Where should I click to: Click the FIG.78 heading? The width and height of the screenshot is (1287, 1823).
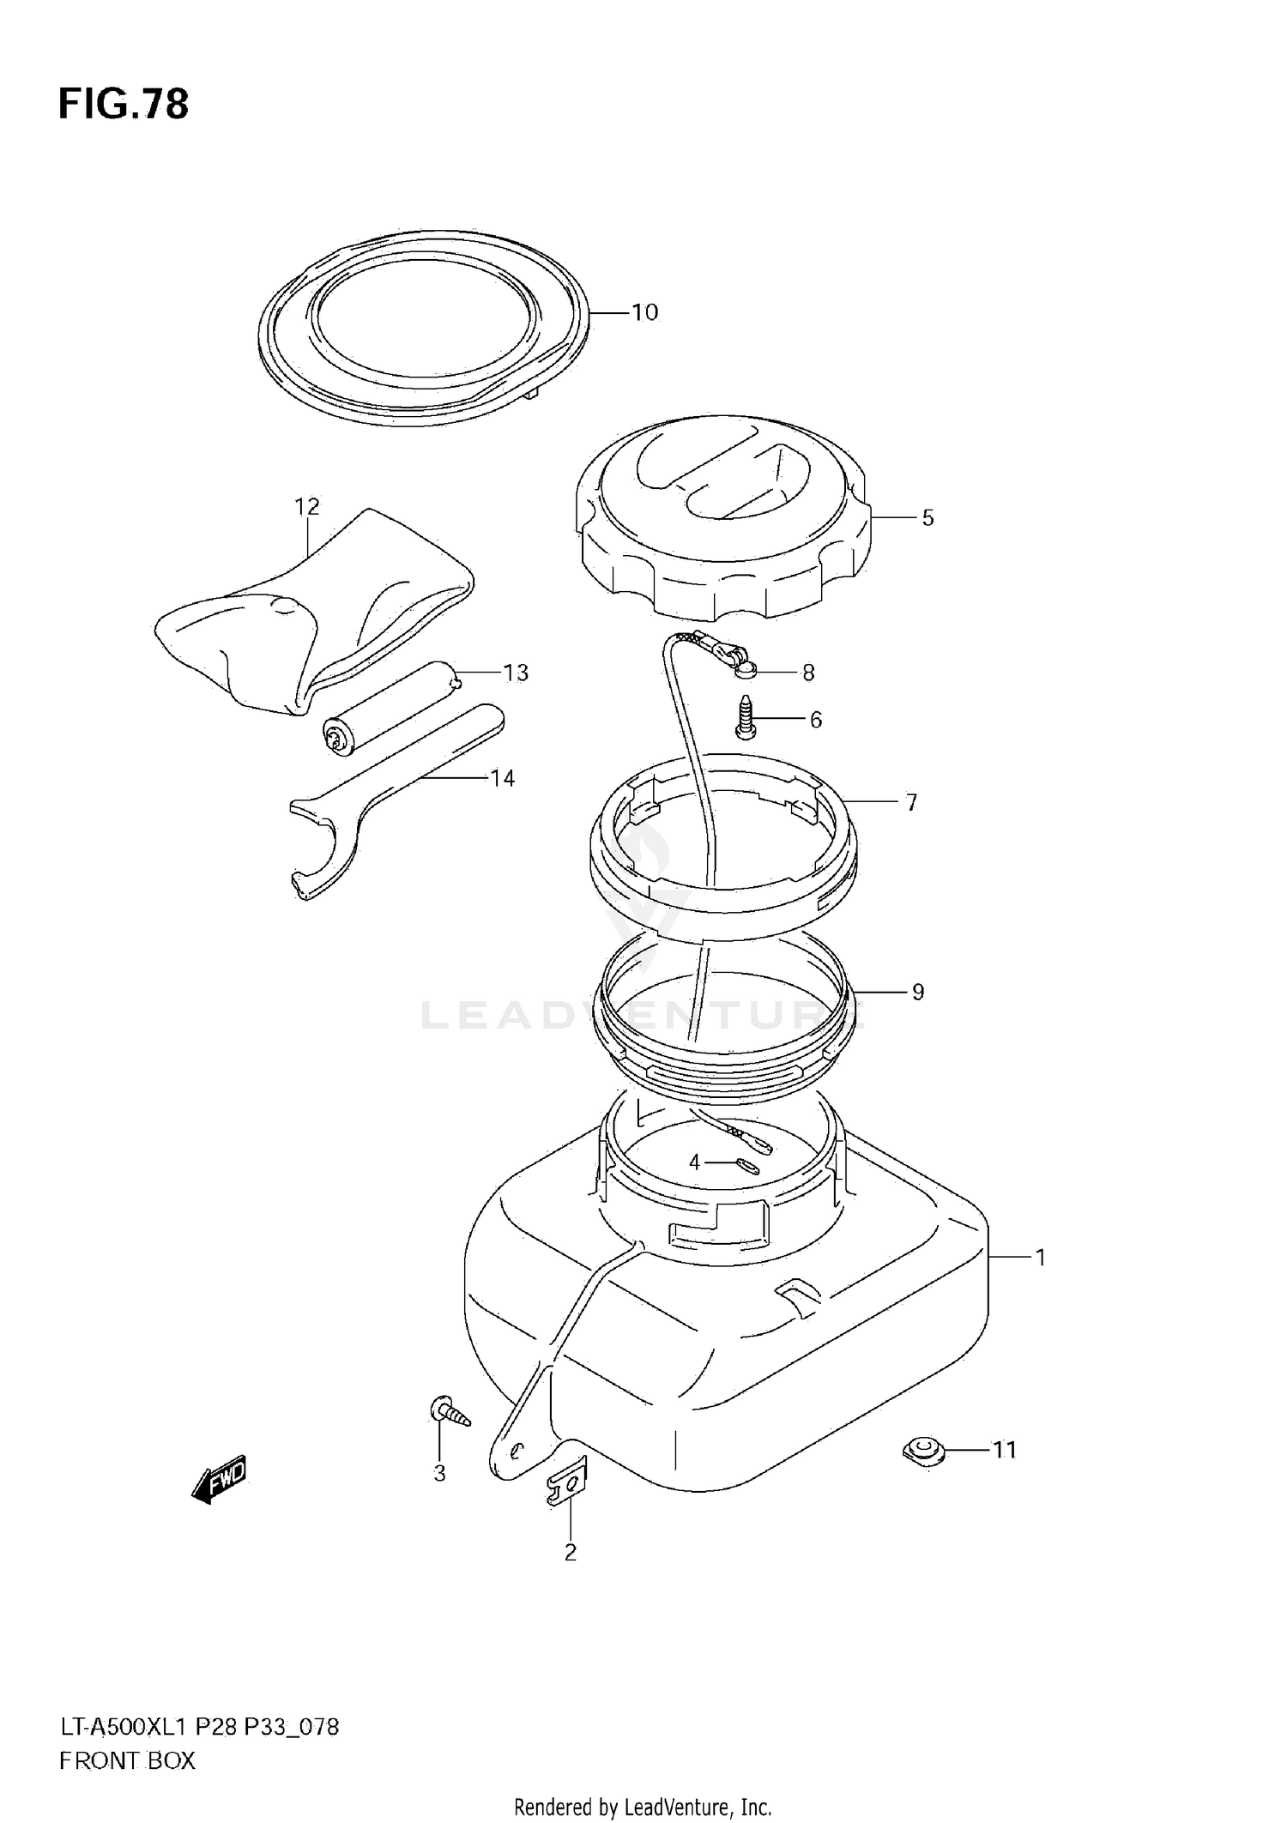(123, 105)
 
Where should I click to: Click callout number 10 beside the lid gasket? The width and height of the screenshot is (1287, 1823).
(644, 312)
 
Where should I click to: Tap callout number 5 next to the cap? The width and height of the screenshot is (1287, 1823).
(927, 518)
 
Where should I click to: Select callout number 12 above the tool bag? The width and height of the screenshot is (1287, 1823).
(306, 507)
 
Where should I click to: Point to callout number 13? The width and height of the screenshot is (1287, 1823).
(516, 673)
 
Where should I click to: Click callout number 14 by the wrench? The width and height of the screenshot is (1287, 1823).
(502, 778)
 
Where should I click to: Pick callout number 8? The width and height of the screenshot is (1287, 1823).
(807, 673)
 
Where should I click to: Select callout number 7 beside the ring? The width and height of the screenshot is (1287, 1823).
(911, 802)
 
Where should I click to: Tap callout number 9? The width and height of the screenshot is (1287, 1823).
(917, 993)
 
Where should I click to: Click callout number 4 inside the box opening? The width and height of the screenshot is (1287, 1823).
(694, 1162)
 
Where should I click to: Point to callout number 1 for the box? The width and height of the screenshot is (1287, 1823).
(1040, 1258)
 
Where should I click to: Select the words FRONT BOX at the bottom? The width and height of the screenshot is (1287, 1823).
(127, 1761)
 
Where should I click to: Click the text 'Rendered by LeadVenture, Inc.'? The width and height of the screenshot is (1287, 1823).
(643, 1808)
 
